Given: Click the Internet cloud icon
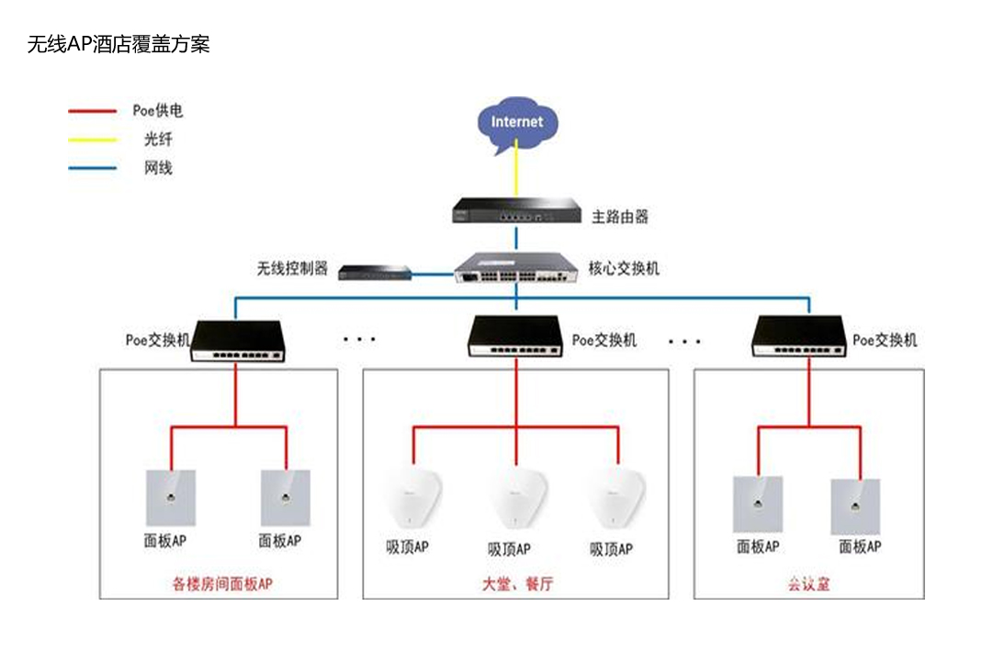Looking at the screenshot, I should coord(516,124).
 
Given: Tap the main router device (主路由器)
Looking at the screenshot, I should coord(516,211).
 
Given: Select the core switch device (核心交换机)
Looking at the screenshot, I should coord(515,268).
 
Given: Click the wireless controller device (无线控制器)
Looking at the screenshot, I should coord(374,271).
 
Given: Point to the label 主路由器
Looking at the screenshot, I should coord(620,217).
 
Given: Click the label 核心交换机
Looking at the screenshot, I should coord(624,269).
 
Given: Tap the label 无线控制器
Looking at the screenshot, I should coord(292,269).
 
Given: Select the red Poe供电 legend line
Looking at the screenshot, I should coord(93,111).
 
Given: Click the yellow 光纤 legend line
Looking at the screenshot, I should coord(93,140).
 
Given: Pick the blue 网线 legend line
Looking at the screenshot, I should coord(93,168).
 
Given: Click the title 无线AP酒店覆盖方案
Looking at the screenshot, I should coord(118,43).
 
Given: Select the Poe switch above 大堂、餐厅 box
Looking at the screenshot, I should coord(515,338).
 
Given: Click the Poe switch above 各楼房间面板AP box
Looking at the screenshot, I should coord(237,341).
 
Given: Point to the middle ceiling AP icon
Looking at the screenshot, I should coord(516,499).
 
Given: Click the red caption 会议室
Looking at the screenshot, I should coord(808,583).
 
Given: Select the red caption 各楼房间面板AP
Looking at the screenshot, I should coord(222,583).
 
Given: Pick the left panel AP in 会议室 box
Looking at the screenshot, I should coord(758,504).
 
